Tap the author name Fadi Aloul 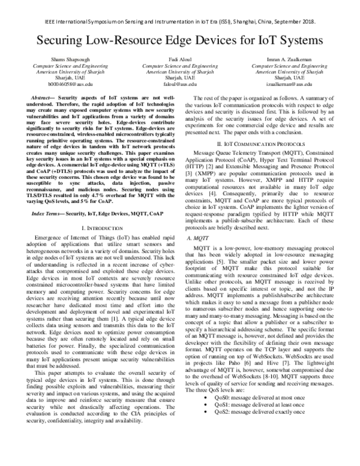(x=180, y=60)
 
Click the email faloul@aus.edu (x=180, y=85)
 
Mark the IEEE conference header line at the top (x=179, y=8)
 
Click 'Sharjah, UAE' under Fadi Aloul (x=180, y=78)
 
